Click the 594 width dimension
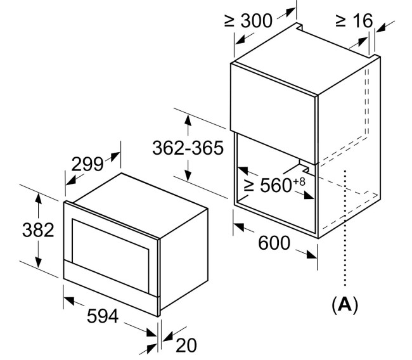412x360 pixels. pyautogui.click(x=103, y=316)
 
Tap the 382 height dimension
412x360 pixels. pyautogui.click(x=38, y=230)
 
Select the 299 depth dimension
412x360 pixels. pyautogui.click(x=87, y=164)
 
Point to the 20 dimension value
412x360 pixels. pyautogui.click(x=186, y=345)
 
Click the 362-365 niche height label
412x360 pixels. pyautogui.click(x=188, y=148)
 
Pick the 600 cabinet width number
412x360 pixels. pyautogui.click(x=274, y=243)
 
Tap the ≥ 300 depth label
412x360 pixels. pyautogui.click(x=248, y=20)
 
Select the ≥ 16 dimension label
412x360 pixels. pyautogui.click(x=354, y=20)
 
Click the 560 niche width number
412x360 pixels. pyautogui.click(x=276, y=185)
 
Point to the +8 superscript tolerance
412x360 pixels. pyautogui.click(x=299, y=181)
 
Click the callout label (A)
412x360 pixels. pyautogui.click(x=345, y=305)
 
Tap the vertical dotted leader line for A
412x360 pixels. pyautogui.click(x=345, y=228)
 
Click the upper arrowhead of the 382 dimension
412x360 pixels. pyautogui.click(x=39, y=198)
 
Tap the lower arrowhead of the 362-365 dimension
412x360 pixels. pyautogui.click(x=188, y=175)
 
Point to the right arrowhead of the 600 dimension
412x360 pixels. pyautogui.click(x=312, y=255)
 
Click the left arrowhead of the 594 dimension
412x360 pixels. pyautogui.click(x=69, y=300)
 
